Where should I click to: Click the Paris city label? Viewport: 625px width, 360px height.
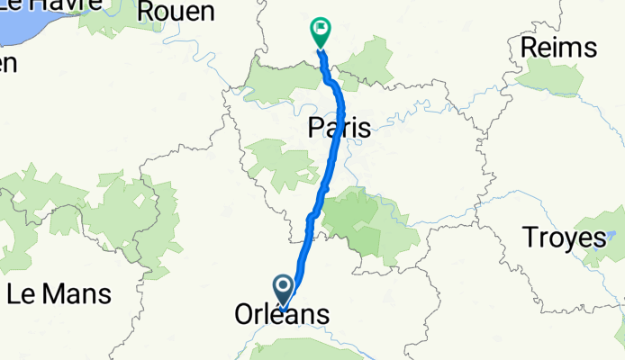point(339,128)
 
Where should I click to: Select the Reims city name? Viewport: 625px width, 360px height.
point(558,47)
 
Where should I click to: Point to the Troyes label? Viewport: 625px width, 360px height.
point(564,238)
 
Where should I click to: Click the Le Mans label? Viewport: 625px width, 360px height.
point(59,293)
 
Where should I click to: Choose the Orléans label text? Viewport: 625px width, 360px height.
point(281,315)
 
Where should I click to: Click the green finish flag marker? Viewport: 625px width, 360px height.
point(320,29)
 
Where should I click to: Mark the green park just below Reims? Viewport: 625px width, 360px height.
point(549,79)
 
